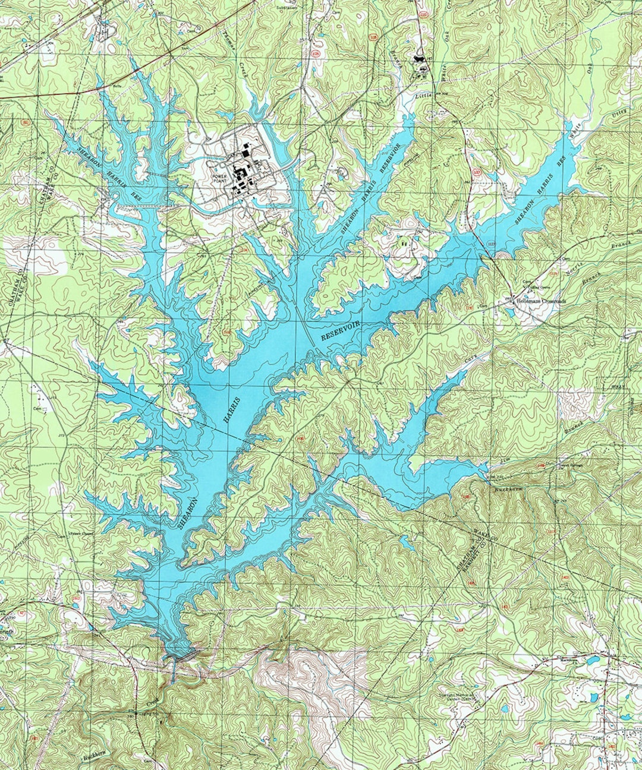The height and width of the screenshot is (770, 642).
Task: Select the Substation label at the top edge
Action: tap(287, 8)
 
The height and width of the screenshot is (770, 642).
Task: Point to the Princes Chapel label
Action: tap(81, 534)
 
